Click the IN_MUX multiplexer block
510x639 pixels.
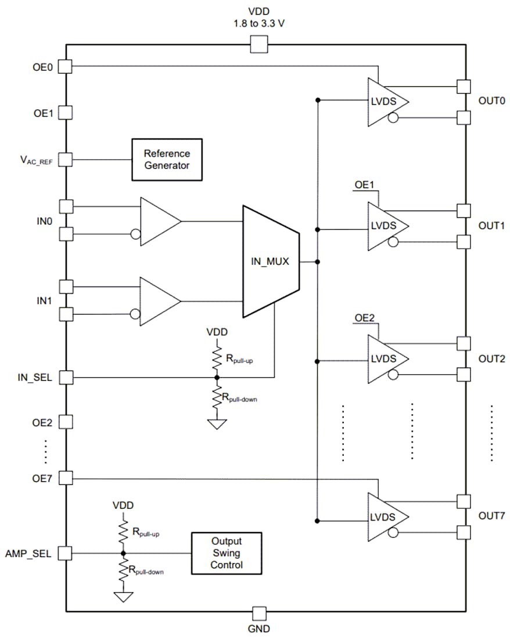271,261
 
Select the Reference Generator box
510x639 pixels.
167,159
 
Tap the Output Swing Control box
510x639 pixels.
226,552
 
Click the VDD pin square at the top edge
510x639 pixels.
258,44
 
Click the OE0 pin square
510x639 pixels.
66,67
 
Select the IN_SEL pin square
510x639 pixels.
66,378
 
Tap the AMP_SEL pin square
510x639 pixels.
66,553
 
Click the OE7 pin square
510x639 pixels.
66,479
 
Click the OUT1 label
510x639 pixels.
491,225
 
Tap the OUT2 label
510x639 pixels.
491,359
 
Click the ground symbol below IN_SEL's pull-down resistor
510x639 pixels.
217,425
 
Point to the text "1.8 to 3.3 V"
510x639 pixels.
258,23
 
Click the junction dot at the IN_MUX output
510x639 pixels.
317,262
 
